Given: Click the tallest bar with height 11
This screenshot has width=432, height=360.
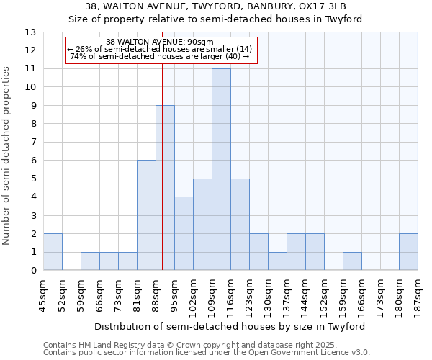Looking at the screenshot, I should click(221, 169).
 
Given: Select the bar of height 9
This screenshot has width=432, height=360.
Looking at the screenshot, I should click(165, 188).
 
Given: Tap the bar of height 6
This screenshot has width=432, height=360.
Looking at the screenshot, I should click(146, 215).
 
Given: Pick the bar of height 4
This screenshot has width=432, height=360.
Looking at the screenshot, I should click(184, 233).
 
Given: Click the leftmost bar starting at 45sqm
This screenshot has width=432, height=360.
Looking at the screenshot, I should click(53, 252).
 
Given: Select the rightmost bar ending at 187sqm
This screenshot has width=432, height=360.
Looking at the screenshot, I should click(408, 252).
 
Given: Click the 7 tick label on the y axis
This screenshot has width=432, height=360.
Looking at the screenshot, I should click(32, 142).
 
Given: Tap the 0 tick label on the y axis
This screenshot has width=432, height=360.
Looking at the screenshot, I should click(32, 271).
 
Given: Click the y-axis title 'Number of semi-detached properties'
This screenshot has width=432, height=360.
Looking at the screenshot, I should click(7, 156).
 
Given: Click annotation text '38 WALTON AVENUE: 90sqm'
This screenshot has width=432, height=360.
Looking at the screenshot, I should click(159, 42).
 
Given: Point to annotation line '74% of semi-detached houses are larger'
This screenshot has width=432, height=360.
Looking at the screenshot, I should click(159, 56).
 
